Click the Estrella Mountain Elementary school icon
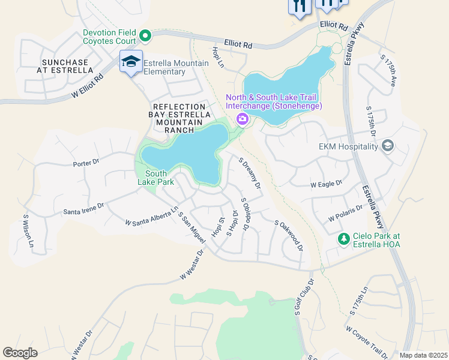[131, 61]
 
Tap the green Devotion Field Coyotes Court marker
[145, 37]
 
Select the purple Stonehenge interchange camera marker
[243, 118]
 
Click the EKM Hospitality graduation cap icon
[388, 146]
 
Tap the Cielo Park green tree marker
[343, 239]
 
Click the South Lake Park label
[156, 178]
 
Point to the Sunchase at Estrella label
[65, 66]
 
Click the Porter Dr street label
[85, 163]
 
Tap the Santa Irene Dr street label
[83, 209]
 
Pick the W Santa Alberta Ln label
[152, 216]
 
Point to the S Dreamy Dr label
[250, 174]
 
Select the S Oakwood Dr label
[289, 235]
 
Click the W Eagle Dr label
[326, 184]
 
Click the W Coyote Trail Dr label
[368, 341]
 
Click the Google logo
[20, 352]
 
